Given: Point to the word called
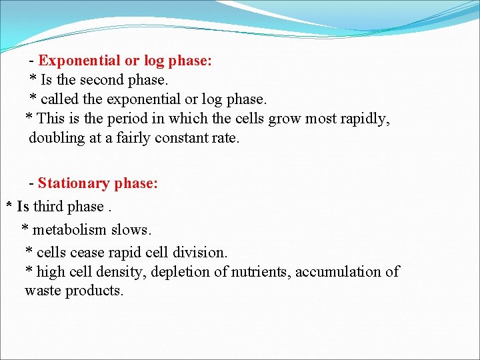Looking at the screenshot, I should pos(61,99).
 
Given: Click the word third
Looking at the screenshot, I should pos(49,207).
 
